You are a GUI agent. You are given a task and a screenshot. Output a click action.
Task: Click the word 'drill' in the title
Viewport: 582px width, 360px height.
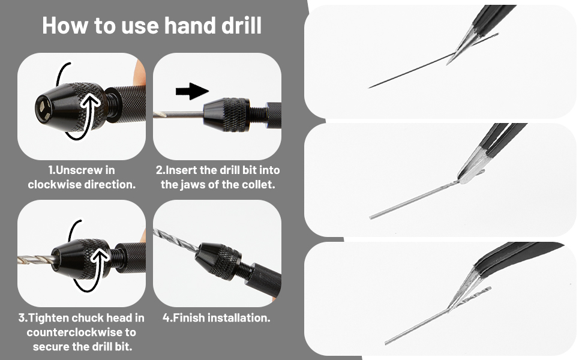(238, 25)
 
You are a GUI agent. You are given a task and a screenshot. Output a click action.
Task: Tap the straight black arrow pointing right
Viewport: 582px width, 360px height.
(191, 91)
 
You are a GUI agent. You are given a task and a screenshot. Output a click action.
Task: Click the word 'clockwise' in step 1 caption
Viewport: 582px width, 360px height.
(55, 184)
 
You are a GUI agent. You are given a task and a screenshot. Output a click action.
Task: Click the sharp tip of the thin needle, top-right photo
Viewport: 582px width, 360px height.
(370, 88)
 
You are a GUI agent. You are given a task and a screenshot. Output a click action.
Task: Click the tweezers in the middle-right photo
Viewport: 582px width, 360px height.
(492, 150)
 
